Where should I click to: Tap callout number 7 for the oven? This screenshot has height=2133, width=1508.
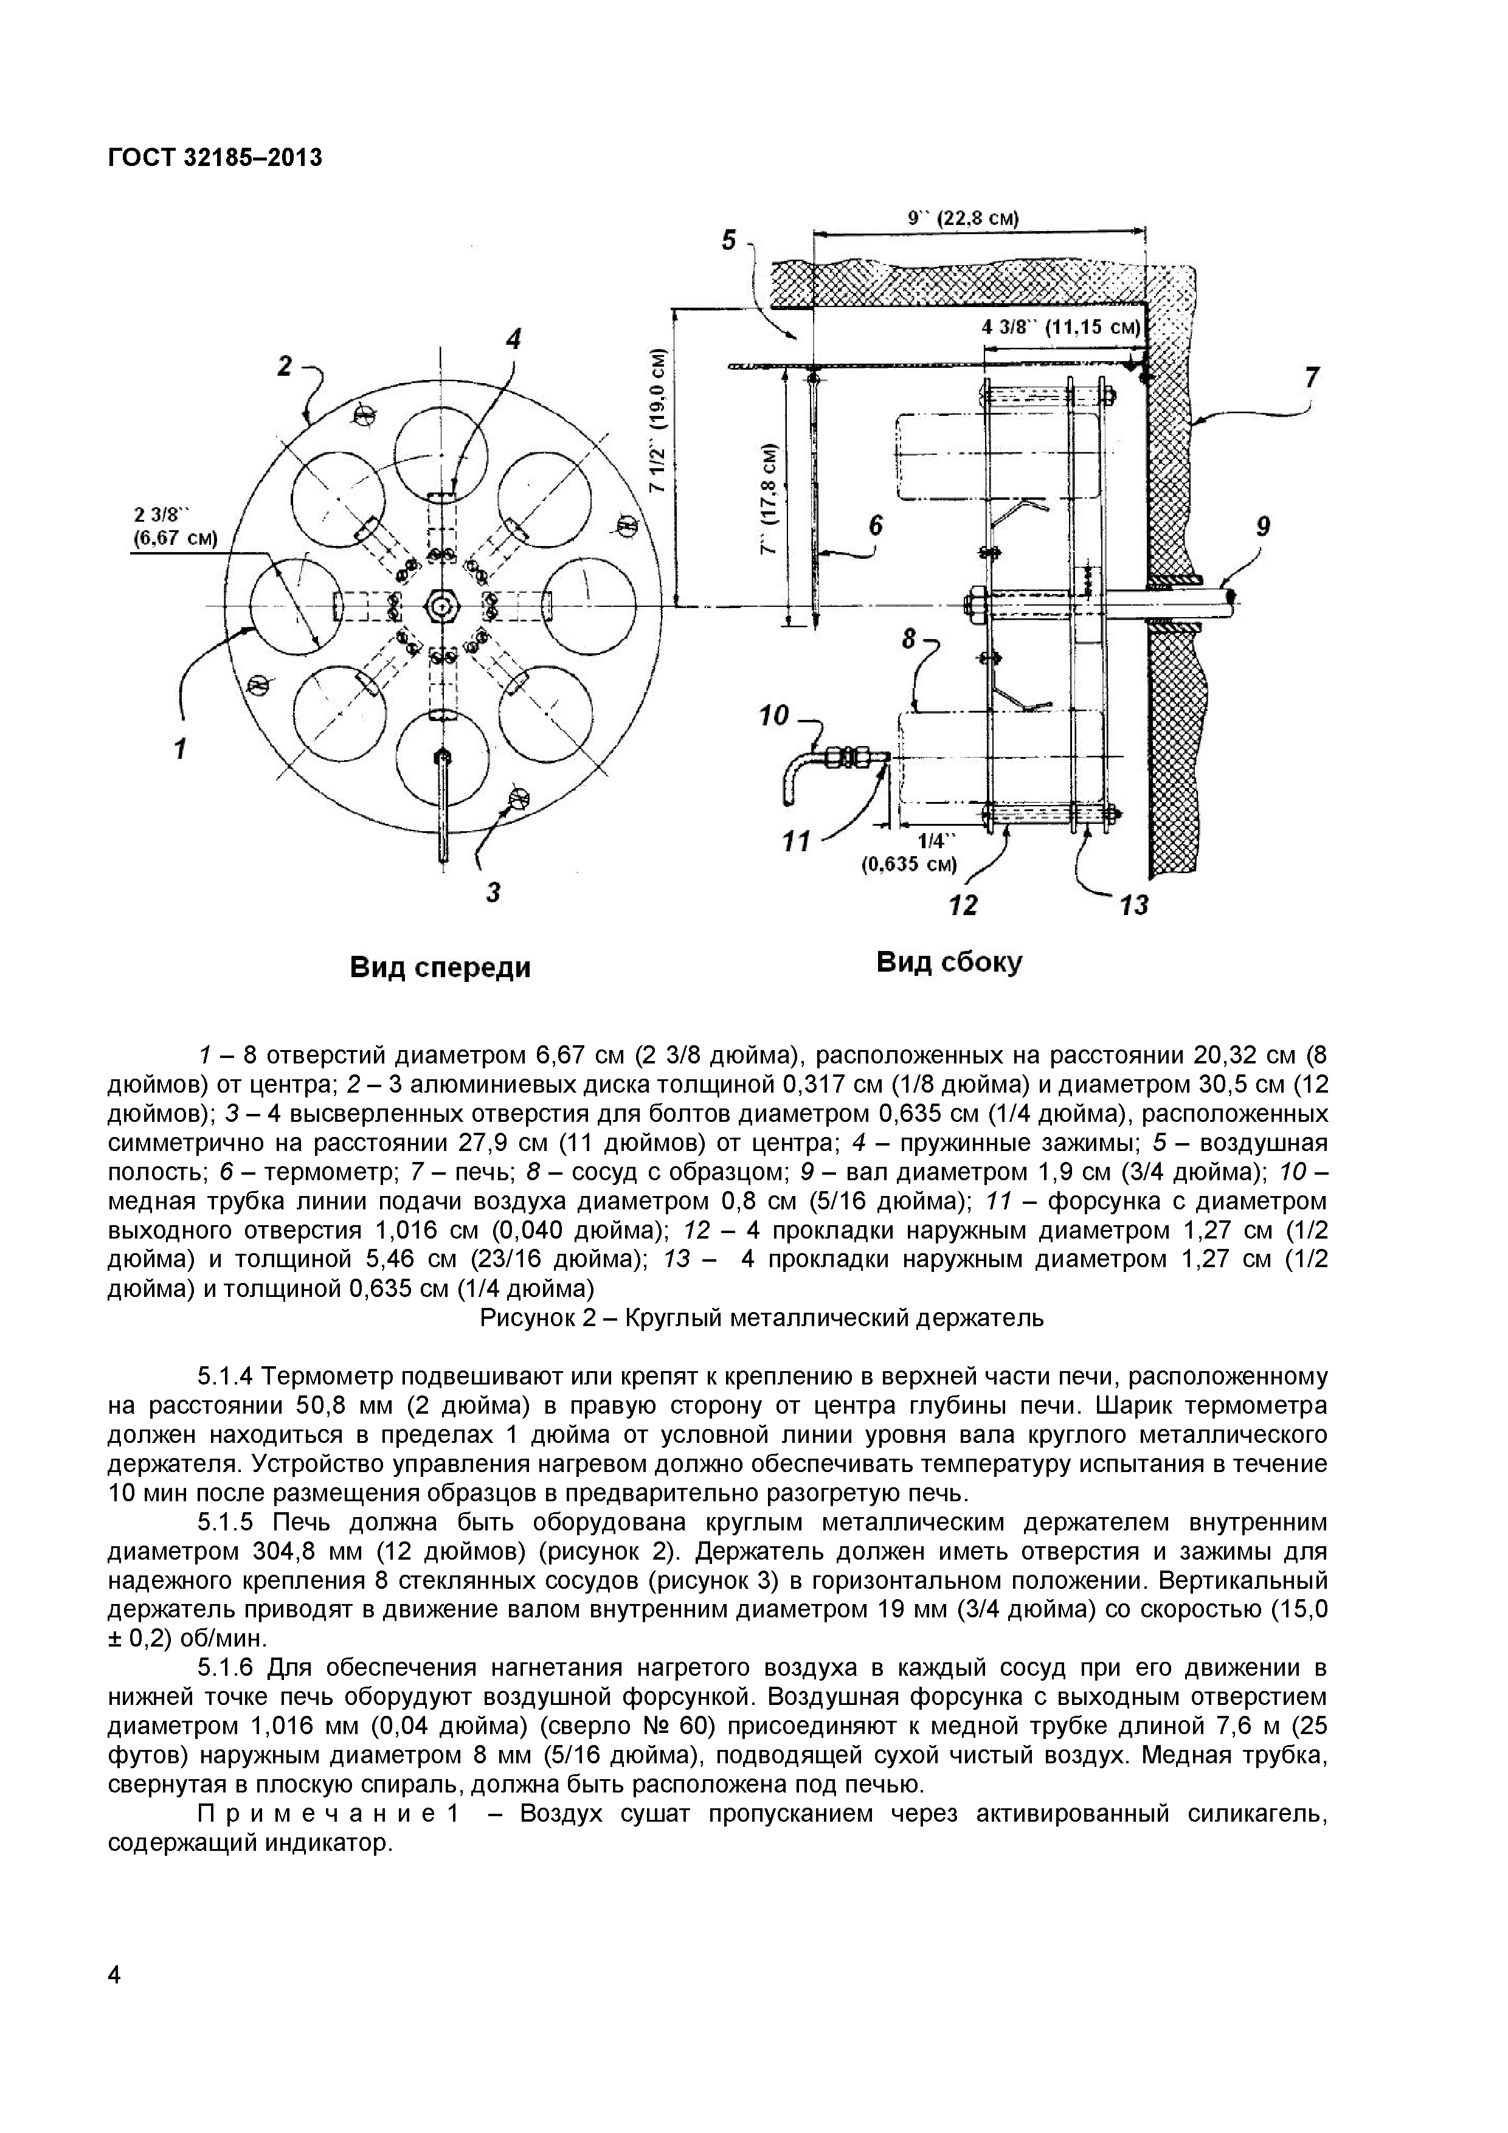(1311, 377)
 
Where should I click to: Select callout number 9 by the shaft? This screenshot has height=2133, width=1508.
(1262, 527)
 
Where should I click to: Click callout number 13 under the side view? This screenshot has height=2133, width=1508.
(1135, 904)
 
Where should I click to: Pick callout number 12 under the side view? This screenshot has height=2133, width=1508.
(964, 904)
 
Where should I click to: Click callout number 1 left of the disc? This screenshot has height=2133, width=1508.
(182, 746)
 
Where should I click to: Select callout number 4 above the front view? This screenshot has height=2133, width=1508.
(512, 339)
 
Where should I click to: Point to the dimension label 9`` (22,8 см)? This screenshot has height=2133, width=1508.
(964, 220)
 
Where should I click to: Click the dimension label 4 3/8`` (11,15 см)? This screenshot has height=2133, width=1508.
(1060, 327)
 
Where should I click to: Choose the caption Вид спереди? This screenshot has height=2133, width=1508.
(440, 967)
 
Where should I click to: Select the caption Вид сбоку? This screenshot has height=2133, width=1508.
(949, 961)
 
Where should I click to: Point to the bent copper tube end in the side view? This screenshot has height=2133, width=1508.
(783, 786)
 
